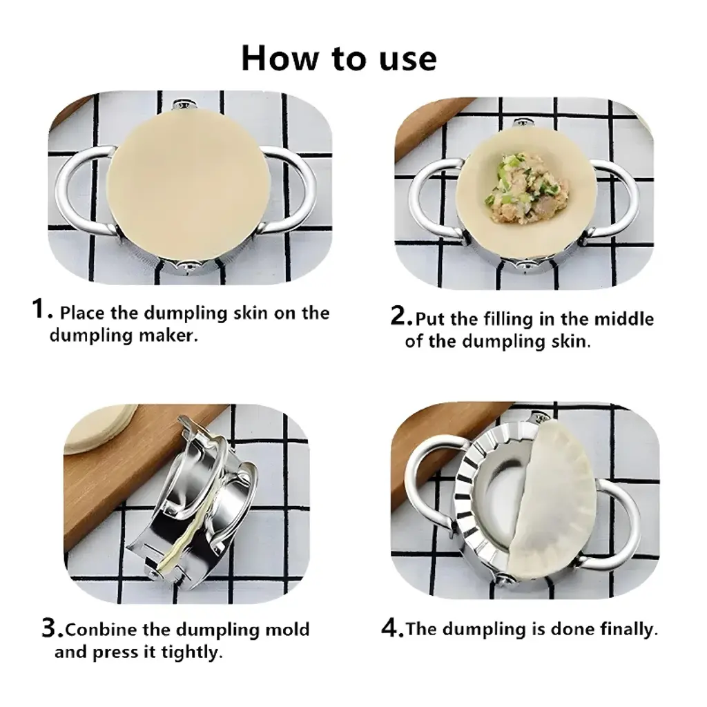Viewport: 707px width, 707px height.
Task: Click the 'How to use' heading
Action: pos(339,58)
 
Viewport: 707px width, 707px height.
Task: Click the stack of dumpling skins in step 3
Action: pos(100,427)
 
